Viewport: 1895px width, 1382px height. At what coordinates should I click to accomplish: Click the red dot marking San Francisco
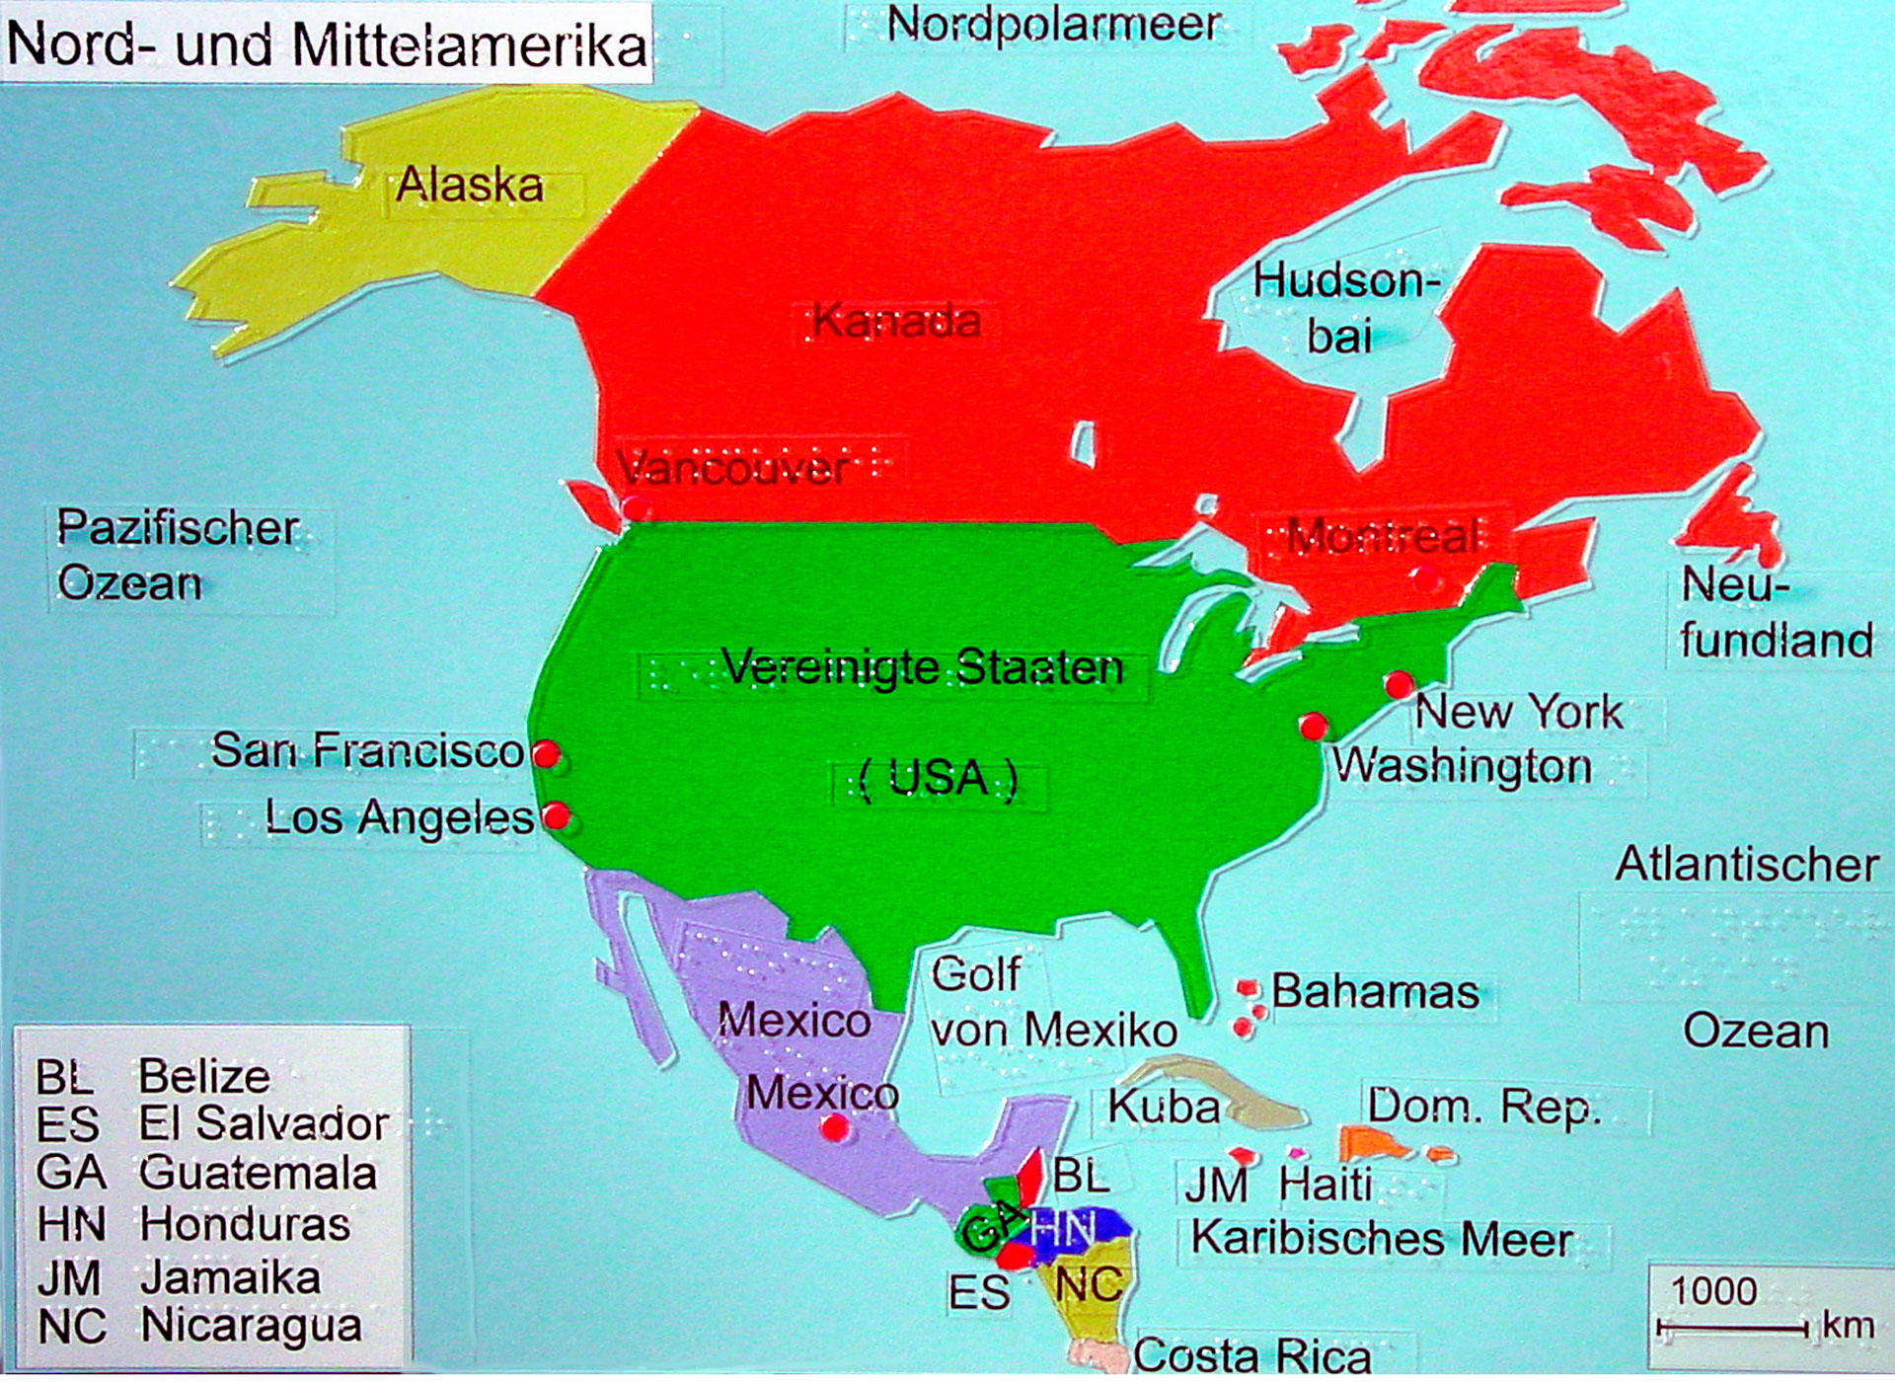click(x=546, y=755)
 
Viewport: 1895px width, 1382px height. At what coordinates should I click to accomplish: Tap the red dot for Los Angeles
click(x=557, y=816)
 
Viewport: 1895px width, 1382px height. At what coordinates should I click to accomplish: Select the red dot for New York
click(x=1399, y=684)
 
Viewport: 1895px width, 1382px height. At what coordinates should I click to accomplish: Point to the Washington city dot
click(x=1313, y=727)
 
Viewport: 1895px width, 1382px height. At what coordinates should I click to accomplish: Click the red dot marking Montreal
click(x=1425, y=578)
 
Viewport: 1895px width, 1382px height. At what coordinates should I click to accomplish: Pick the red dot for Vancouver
click(x=635, y=507)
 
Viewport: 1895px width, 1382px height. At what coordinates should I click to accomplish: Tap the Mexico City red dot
click(x=835, y=1127)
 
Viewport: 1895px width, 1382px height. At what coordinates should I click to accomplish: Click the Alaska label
click(x=470, y=186)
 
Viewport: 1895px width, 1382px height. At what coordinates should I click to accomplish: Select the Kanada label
click(x=896, y=322)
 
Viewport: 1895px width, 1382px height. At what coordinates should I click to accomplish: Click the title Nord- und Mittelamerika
click(x=327, y=44)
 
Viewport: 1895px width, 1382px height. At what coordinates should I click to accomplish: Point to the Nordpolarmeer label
click(x=1053, y=25)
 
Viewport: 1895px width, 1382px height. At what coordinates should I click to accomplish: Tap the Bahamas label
click(x=1375, y=991)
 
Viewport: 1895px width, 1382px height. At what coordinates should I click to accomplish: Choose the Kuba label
click(x=1164, y=1107)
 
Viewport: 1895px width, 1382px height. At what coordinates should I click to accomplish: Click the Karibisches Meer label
click(x=1382, y=1239)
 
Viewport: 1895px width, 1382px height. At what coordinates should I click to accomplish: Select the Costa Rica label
click(x=1251, y=1355)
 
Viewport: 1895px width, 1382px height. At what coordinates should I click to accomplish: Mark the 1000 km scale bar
click(x=1733, y=1329)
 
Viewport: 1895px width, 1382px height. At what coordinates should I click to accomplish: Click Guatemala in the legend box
click(x=257, y=1173)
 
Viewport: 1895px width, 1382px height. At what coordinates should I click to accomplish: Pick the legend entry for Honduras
click(x=244, y=1224)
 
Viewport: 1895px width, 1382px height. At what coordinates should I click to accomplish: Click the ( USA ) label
click(x=938, y=779)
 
